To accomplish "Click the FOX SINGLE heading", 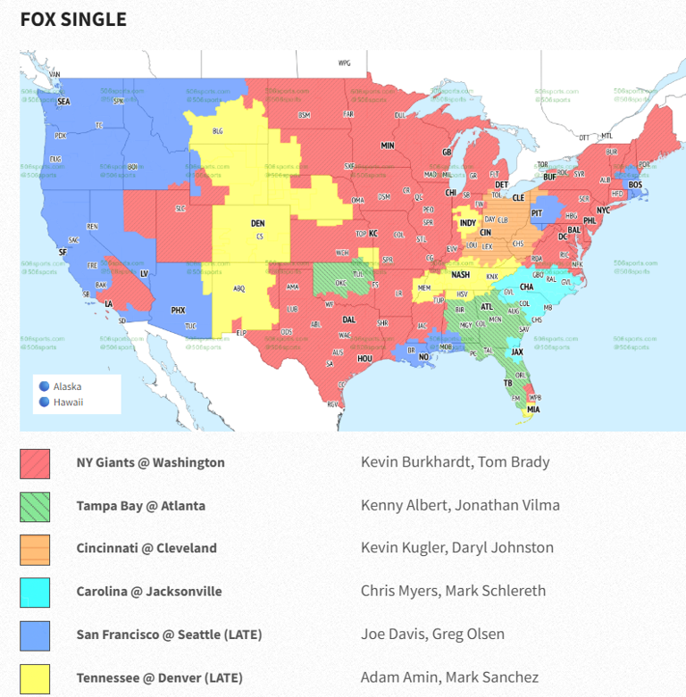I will pyautogui.click(x=73, y=19).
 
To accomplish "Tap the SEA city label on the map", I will pyautogui.click(x=63, y=102).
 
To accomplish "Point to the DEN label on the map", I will pyautogui.click(x=257, y=223).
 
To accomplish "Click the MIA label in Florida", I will pyautogui.click(x=533, y=410).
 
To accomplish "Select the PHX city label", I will pyautogui.click(x=178, y=311).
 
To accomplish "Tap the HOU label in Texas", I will pyautogui.click(x=364, y=358).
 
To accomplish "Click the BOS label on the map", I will pyautogui.click(x=635, y=185).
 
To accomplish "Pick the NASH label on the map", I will pyautogui.click(x=460, y=275).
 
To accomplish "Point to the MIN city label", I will pyautogui.click(x=388, y=145).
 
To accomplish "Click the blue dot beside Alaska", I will pyautogui.click(x=44, y=386).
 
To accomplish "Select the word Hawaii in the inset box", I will pyautogui.click(x=68, y=402).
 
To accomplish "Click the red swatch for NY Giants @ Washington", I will pyautogui.click(x=35, y=462).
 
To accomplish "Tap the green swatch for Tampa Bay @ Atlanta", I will pyautogui.click(x=35, y=505).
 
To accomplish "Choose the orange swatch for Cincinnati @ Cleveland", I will pyautogui.click(x=35, y=548).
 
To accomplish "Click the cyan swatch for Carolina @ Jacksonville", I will pyautogui.click(x=35, y=591).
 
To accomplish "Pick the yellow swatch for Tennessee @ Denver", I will pyautogui.click(x=35, y=677).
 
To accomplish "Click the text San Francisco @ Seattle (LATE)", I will pyautogui.click(x=169, y=635).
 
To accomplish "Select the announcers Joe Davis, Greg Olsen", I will pyautogui.click(x=432, y=635).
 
